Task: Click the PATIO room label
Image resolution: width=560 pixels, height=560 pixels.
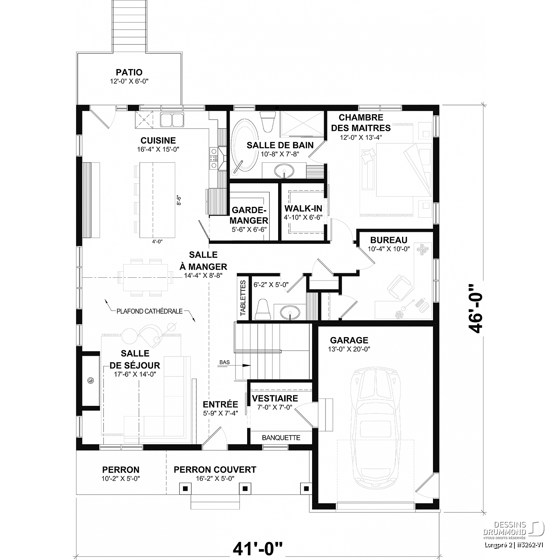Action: tap(129, 72)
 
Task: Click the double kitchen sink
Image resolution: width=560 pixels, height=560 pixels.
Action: tap(172, 120)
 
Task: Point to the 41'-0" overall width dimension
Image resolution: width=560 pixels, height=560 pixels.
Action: tap(258, 549)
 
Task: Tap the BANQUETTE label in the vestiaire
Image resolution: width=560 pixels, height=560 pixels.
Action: tap(281, 438)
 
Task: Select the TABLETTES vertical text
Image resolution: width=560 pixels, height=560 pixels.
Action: tap(243, 298)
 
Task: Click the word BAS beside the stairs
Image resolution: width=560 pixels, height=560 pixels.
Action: tap(224, 362)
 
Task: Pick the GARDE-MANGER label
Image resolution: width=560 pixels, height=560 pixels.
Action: tap(249, 215)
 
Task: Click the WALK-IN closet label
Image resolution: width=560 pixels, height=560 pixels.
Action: tap(303, 208)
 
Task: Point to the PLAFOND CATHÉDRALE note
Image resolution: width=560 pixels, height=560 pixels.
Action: tap(149, 311)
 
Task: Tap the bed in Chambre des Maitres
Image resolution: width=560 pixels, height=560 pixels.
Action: tap(396, 170)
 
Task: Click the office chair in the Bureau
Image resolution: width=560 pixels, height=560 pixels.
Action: tap(399, 287)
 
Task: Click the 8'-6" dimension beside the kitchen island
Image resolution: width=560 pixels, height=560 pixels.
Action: tap(179, 201)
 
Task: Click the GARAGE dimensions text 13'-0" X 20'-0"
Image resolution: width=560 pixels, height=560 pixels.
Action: tap(349, 349)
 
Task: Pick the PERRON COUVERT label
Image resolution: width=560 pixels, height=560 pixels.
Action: tap(215, 470)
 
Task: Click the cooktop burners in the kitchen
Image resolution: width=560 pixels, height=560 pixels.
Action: tap(214, 158)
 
